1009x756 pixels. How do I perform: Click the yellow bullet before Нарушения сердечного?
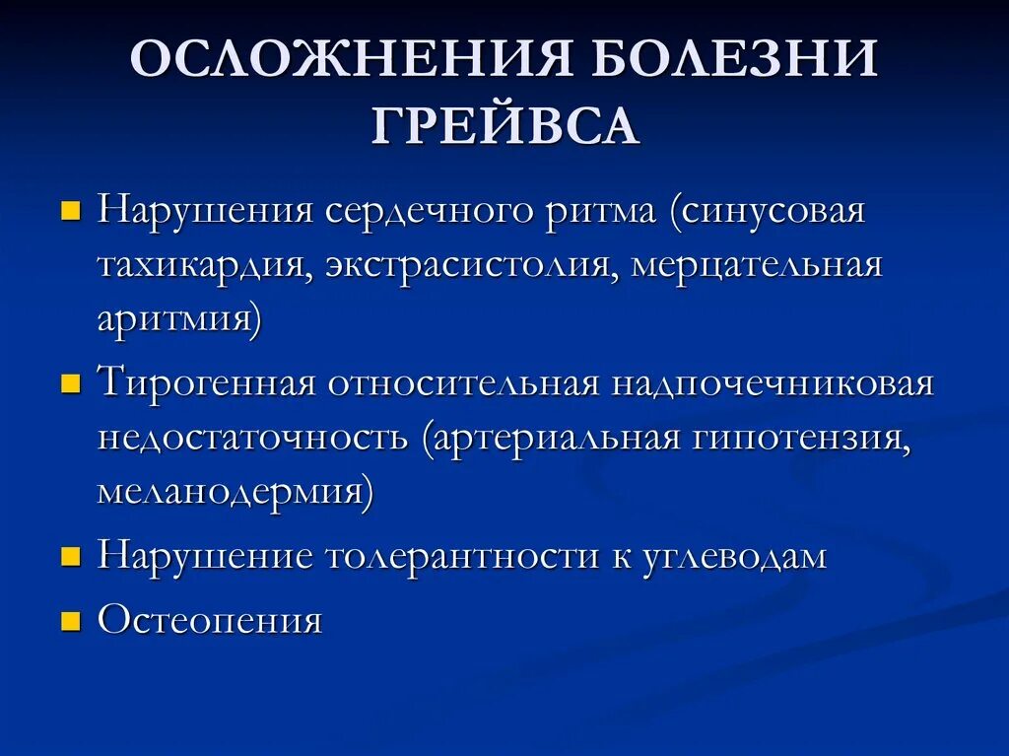click(71, 213)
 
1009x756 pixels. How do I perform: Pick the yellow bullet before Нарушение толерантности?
click(71, 557)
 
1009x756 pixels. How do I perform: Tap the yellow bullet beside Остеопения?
click(71, 621)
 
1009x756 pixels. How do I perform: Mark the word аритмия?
click(178, 321)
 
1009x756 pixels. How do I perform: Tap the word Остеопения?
click(210, 621)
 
